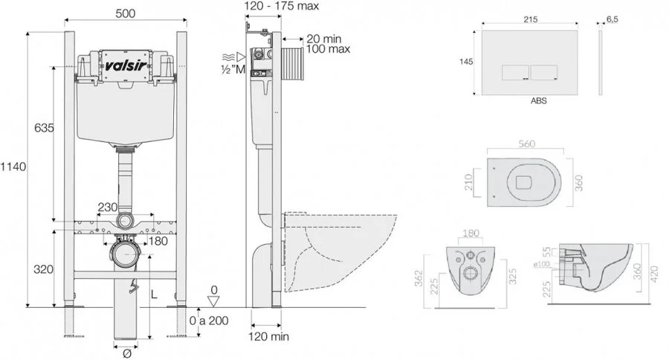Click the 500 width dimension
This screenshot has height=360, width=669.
(125, 13)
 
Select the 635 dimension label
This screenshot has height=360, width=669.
(43, 129)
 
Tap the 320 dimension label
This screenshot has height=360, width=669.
(43, 269)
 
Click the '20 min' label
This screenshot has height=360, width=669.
(325, 38)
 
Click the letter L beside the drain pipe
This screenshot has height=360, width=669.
(155, 294)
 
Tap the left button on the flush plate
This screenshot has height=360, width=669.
(515, 71)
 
